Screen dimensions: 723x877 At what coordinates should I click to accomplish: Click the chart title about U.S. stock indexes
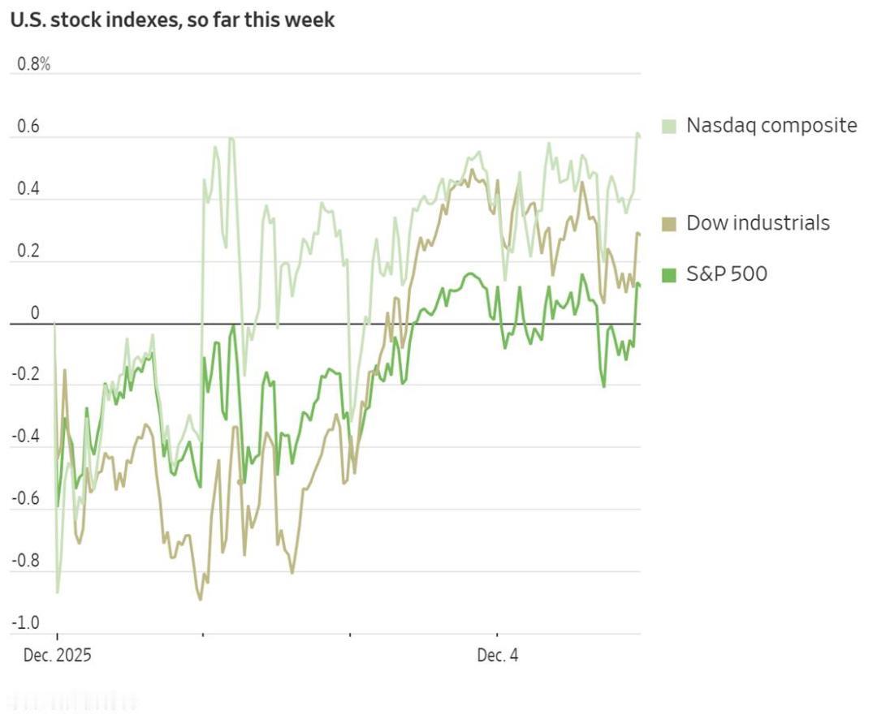click(x=172, y=19)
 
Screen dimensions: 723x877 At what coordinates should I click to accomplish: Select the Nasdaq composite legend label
click(x=771, y=125)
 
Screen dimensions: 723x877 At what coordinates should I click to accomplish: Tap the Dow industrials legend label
click(x=758, y=222)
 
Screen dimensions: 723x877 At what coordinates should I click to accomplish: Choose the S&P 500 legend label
click(x=726, y=274)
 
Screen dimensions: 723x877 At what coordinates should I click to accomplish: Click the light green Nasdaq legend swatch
click(x=669, y=126)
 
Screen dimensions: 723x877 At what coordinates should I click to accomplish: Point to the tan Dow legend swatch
click(x=669, y=223)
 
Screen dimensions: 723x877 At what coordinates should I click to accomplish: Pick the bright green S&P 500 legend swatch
click(x=669, y=275)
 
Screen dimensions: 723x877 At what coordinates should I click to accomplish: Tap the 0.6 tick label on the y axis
click(x=28, y=127)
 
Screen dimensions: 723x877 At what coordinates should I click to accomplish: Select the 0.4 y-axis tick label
click(x=28, y=190)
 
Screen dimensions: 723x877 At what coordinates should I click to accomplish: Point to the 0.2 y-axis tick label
click(x=28, y=252)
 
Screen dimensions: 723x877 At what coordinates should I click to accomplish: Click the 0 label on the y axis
click(x=34, y=314)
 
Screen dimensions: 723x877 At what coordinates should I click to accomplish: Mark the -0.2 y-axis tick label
click(x=26, y=374)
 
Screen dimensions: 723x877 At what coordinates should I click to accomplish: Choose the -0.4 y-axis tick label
click(x=26, y=437)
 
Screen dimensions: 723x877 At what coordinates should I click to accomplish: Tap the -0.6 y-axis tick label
click(x=26, y=499)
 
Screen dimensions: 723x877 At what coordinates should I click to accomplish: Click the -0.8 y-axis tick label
click(x=26, y=562)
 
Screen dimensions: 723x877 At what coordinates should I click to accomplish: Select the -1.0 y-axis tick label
click(x=26, y=623)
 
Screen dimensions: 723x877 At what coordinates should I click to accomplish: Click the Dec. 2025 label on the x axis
click(x=57, y=656)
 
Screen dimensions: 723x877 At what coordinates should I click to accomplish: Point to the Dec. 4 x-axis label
click(x=497, y=656)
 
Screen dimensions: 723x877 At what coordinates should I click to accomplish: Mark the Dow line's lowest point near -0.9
click(x=201, y=599)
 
